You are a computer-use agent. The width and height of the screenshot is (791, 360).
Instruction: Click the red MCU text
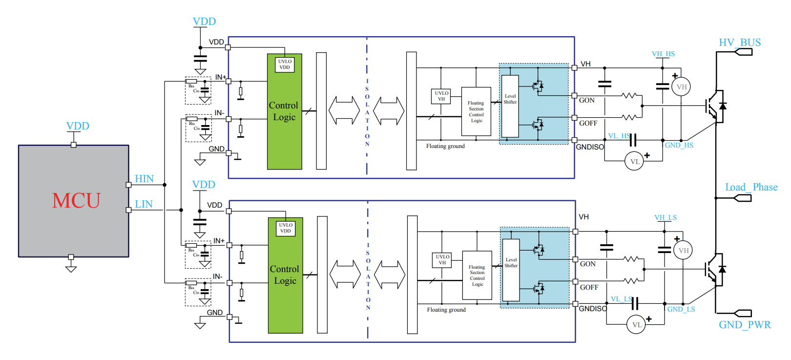76,201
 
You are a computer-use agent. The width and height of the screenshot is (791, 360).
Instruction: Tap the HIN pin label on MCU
144,179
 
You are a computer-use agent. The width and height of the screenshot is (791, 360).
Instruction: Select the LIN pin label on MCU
144,204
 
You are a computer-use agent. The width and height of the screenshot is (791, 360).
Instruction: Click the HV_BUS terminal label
740,42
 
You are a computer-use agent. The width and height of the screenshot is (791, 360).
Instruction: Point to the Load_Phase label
751,187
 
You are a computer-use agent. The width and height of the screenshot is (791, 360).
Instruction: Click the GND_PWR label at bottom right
745,325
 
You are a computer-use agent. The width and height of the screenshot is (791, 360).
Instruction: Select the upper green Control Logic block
284,111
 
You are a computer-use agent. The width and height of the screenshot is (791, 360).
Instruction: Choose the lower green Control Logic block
285,275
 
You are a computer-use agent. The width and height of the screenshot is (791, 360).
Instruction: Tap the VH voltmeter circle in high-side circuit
682,87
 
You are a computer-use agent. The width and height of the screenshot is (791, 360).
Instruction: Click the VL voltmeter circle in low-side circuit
636,325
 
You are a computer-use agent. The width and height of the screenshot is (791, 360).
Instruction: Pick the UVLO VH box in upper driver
441,96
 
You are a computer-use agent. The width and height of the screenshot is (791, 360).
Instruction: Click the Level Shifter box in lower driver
511,270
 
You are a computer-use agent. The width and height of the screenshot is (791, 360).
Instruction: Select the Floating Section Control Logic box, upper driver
476,111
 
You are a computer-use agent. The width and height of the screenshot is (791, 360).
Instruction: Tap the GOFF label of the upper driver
588,124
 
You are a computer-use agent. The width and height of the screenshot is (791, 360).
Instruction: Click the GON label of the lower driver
587,264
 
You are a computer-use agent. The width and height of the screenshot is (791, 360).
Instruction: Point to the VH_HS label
663,54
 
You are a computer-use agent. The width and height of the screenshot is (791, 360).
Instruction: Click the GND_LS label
681,309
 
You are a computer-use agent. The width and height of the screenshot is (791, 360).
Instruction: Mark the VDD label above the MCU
78,126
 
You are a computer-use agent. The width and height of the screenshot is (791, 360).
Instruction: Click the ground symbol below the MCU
71,268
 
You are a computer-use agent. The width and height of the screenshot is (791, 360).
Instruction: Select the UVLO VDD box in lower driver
286,228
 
